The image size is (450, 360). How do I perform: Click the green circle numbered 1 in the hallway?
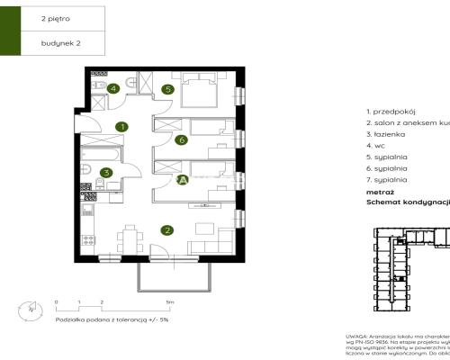121,128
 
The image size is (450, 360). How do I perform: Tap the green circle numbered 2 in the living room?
167,229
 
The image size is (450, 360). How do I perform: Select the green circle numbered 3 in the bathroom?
106,173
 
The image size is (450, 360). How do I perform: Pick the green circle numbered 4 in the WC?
113,88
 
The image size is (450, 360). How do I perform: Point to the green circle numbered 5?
167,89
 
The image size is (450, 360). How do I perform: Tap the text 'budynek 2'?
58,42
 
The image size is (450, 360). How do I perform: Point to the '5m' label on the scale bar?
169,302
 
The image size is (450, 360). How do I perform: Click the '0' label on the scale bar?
56,302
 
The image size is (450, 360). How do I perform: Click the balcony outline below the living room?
173,274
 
